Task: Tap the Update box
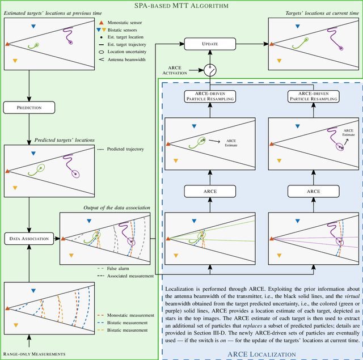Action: tap(210, 44)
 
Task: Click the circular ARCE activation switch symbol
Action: tap(210, 70)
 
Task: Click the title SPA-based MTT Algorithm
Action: tap(181, 6)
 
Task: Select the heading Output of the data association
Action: tap(117, 207)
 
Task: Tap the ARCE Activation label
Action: tap(182, 70)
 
